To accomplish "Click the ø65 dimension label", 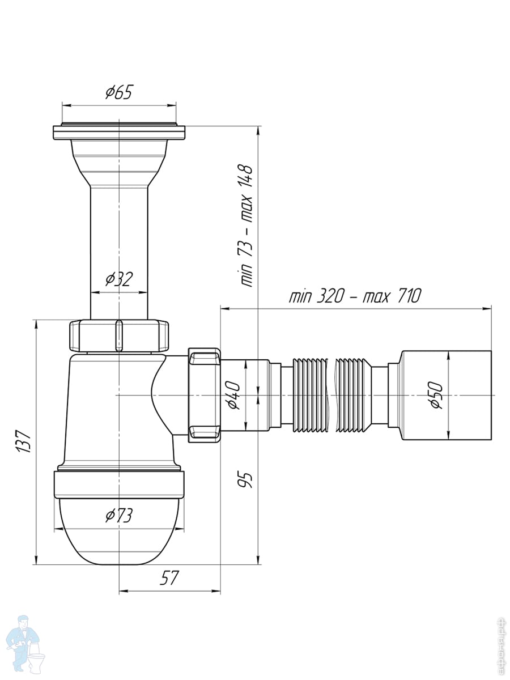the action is coord(118,92).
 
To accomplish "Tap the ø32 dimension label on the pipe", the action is coord(119,279).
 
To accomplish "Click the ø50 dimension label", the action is coord(436,396).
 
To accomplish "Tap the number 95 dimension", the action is coord(246,479).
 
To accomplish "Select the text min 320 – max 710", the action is coord(355,296).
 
